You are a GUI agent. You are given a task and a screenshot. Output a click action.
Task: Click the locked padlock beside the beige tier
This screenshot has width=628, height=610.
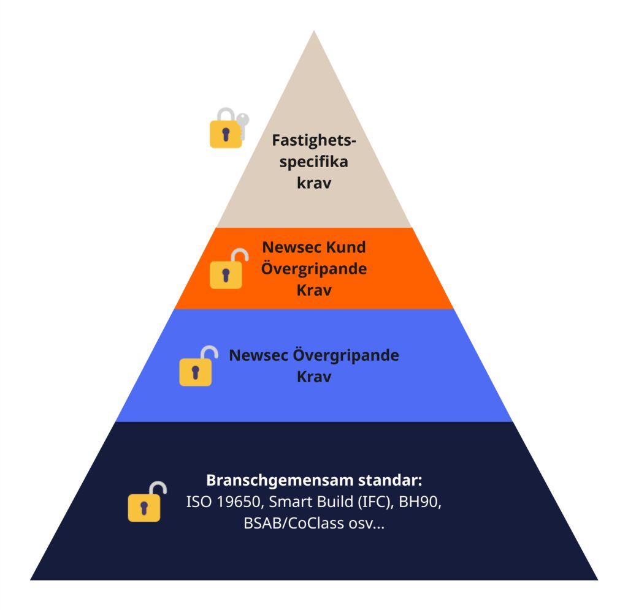point(226,128)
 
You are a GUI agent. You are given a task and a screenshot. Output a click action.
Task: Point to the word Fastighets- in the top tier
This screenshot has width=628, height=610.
point(314,140)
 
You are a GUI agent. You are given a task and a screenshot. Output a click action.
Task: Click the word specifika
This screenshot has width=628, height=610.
point(314,162)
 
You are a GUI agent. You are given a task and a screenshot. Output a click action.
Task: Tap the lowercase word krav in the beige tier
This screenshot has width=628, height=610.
point(314,183)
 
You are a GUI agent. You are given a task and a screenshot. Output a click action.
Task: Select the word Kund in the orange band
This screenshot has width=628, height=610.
point(346,247)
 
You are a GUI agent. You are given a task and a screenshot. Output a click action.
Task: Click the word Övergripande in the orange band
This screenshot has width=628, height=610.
point(314,269)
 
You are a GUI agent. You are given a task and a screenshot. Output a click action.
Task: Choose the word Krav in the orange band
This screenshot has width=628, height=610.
point(314,290)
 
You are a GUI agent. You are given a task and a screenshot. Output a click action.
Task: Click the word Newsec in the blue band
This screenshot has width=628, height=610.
point(258,355)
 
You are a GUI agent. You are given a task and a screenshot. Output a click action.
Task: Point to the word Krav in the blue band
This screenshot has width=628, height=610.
point(314,377)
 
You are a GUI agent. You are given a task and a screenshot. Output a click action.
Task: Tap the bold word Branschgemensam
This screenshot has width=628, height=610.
point(280,480)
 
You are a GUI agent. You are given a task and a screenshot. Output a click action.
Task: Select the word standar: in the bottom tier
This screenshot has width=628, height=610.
point(390,480)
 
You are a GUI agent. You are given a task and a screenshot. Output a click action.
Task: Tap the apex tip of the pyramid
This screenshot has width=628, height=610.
point(314,31)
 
